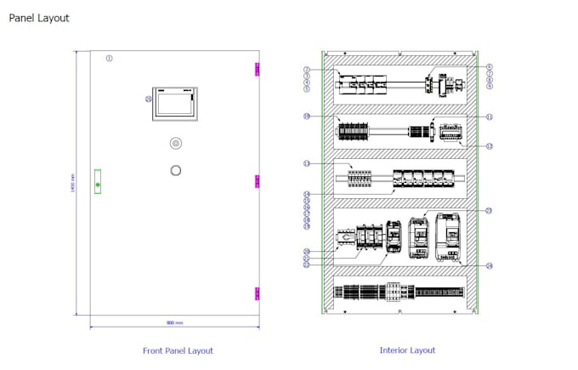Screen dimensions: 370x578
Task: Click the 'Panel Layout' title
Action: point(39,18)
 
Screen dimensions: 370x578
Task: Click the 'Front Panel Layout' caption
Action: point(178,350)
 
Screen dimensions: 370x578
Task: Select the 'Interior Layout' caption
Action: point(407,350)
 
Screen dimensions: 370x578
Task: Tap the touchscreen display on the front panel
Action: point(175,104)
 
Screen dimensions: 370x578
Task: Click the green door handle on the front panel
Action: point(98,183)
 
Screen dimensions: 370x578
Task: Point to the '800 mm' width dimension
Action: point(174,323)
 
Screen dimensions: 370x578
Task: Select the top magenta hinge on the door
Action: point(258,70)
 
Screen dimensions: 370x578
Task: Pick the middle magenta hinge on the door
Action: point(258,180)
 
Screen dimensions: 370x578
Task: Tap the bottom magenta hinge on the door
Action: point(258,293)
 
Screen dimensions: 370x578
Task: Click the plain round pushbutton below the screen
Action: point(176,170)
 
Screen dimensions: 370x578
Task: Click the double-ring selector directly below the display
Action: point(176,143)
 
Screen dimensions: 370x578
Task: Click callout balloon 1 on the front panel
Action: point(109,58)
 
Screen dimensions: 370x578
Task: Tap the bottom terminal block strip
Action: point(399,293)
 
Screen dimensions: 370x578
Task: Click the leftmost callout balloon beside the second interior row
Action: point(307,116)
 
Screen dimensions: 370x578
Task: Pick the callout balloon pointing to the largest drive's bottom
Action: point(490,265)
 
